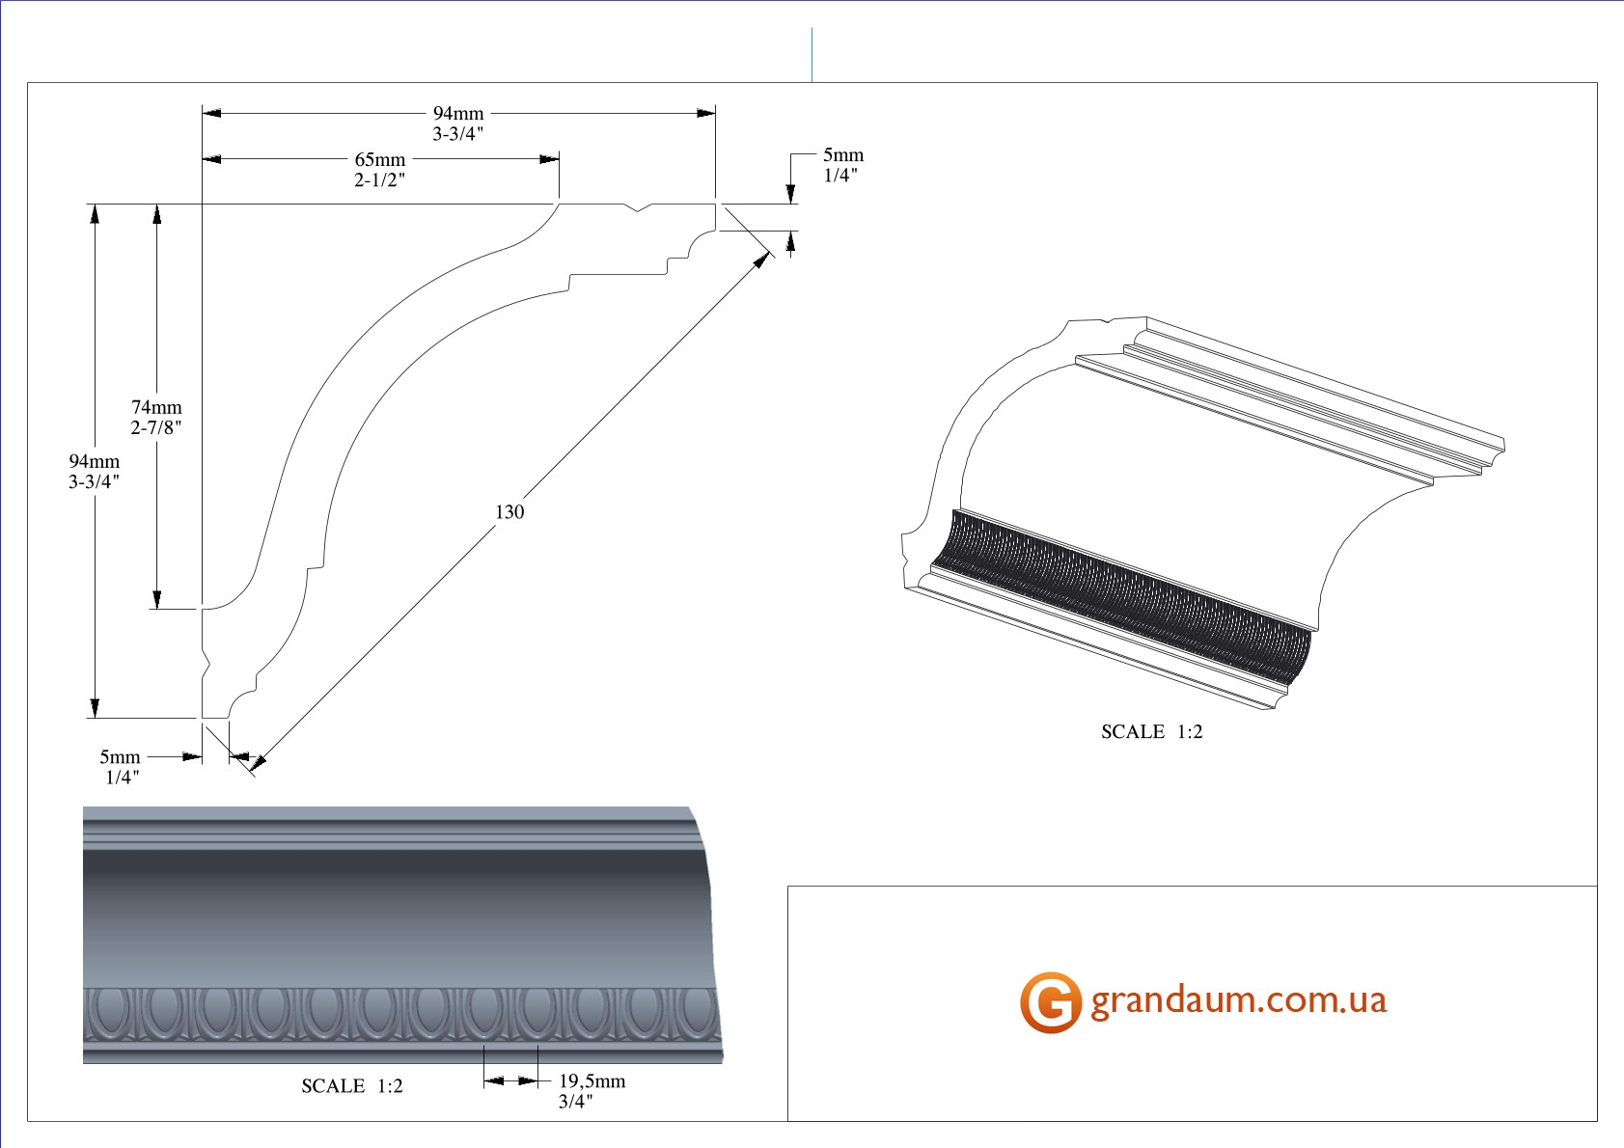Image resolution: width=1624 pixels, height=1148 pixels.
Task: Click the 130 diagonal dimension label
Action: [x=509, y=512]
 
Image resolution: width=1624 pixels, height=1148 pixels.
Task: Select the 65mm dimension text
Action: [x=380, y=160]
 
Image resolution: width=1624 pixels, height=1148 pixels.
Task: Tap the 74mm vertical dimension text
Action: [x=156, y=407]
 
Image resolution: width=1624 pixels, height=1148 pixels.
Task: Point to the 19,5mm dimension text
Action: [x=592, y=1081]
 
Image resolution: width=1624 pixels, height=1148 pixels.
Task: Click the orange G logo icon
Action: [x=1050, y=1002]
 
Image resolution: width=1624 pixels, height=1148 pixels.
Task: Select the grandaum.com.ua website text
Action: [x=1238, y=1000]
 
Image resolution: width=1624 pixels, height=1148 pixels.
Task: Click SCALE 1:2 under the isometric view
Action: [x=1151, y=732]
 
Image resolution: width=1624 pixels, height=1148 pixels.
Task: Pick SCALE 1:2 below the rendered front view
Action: [x=352, y=1086]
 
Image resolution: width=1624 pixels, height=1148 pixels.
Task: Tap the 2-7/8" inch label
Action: [x=156, y=427]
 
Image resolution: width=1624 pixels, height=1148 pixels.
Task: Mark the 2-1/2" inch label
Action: [x=379, y=180]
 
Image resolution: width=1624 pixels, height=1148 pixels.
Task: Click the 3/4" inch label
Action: [x=575, y=1102]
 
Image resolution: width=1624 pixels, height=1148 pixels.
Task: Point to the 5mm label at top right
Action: [x=843, y=155]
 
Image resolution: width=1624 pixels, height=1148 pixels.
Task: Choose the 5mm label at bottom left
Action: [x=120, y=757]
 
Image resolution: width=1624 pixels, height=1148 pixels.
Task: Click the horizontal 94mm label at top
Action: [x=458, y=114]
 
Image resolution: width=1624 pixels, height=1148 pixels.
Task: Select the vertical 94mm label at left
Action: [x=95, y=462]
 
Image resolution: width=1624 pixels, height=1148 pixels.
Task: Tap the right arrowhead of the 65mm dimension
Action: [x=550, y=159]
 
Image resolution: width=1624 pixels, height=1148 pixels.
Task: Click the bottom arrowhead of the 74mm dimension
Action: [x=156, y=599]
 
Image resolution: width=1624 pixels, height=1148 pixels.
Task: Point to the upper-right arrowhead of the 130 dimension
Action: [x=764, y=258]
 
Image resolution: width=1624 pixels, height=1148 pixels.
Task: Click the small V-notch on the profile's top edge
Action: [x=640, y=207]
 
